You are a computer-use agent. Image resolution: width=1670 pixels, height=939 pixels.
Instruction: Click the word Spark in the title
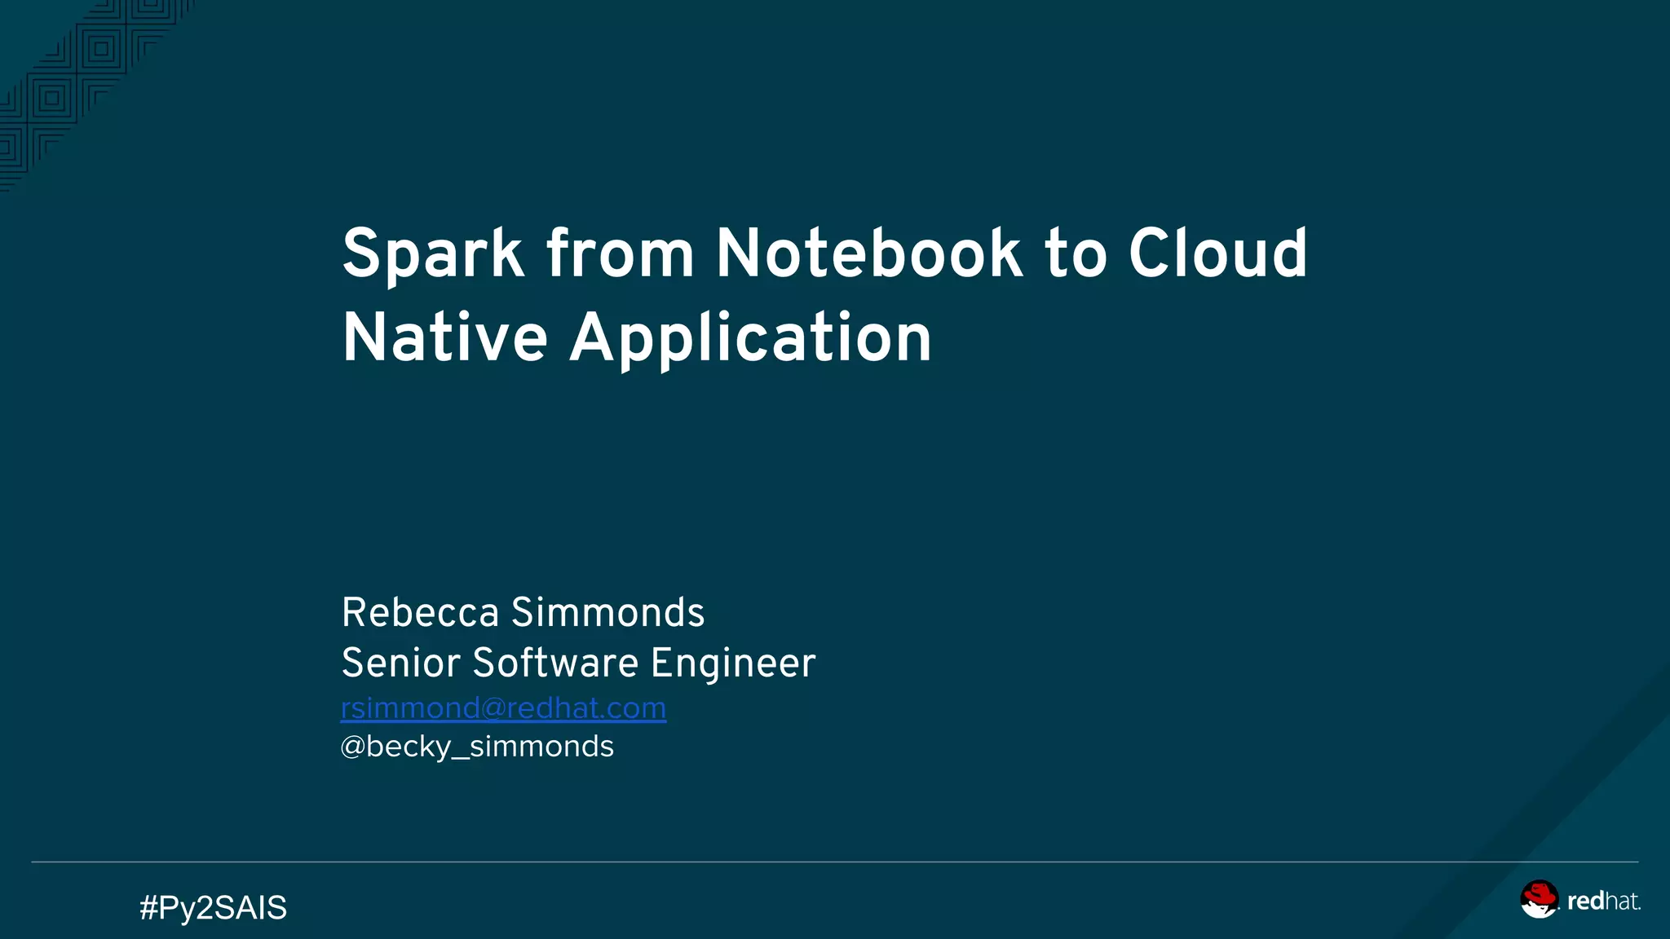tap(432, 254)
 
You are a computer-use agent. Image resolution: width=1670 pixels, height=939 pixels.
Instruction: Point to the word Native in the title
tap(444, 337)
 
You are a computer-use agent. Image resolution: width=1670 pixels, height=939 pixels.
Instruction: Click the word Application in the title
tap(750, 339)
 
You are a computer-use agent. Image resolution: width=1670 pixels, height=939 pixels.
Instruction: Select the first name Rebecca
tap(420, 612)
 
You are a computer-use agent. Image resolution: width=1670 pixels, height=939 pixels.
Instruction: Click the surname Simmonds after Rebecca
tap(607, 612)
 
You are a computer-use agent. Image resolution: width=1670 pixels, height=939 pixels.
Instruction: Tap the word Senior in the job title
tap(400, 663)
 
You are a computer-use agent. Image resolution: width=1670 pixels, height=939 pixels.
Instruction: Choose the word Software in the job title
tap(555, 663)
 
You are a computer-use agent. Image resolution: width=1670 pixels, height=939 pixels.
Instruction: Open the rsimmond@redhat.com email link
tap(503, 708)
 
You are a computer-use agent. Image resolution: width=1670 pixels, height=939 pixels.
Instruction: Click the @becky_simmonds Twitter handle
tap(477, 747)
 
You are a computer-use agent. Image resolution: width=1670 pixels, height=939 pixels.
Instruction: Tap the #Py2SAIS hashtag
tap(213, 907)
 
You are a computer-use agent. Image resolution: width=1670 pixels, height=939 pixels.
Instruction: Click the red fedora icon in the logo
tap(1539, 898)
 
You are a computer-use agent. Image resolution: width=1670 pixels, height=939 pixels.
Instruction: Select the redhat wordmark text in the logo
tap(1602, 902)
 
